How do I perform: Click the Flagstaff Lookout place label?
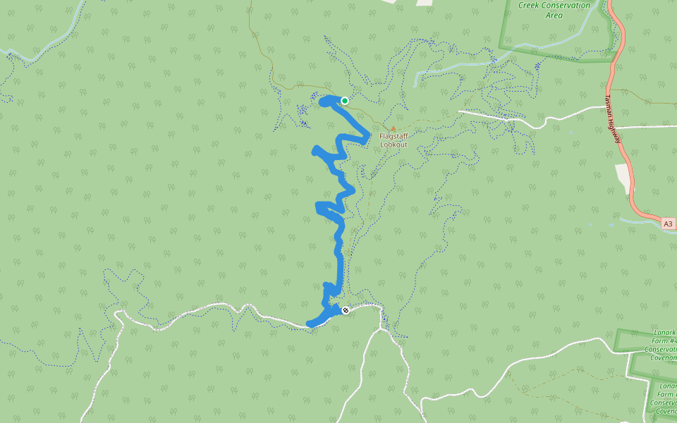394,140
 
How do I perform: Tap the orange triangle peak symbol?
393,129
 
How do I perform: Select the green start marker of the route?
345,100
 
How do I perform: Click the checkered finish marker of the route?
345,310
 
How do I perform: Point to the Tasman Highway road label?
614,119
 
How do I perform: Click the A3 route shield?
669,223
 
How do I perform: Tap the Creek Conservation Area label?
554,10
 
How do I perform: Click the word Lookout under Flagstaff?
394,145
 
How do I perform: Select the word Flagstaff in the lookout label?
394,135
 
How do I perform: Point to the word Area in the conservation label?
554,15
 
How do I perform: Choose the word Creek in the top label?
532,6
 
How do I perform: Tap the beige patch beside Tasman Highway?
623,178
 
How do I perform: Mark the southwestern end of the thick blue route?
310,324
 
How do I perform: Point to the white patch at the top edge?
424,3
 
